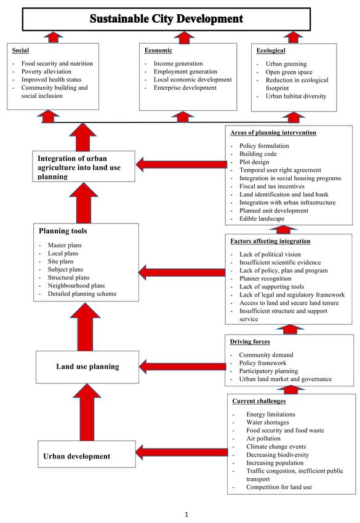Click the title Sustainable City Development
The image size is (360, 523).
166,18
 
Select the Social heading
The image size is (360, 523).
20,50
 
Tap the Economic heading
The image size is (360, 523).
158,50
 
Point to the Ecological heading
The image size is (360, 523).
271,50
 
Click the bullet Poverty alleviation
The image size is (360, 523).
46,71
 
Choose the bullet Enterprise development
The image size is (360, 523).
185,88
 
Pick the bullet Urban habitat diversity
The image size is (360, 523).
296,96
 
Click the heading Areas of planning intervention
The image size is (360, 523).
273,133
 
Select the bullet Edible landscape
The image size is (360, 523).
262,219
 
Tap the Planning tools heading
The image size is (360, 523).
63,231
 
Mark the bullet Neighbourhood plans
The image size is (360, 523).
76,285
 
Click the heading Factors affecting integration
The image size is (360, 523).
270,241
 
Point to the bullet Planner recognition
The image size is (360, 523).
265,279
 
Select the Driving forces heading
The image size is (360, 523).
250,341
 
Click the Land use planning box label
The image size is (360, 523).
87,367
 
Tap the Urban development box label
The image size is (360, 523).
77,457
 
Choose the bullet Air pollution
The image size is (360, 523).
263,439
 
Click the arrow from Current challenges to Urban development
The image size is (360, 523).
182,453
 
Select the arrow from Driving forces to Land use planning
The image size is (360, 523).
183,367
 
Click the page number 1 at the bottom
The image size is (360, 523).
186,514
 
